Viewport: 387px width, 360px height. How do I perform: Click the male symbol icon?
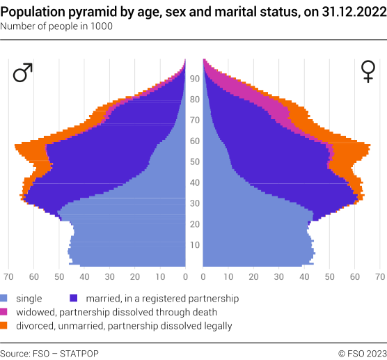coord(23,72)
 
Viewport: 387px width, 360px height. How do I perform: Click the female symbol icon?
coord(367,72)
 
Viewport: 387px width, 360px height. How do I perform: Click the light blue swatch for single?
coord(4,298)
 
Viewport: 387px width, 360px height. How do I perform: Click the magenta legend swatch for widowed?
coord(4,312)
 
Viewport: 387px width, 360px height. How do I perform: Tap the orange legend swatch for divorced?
coord(4,325)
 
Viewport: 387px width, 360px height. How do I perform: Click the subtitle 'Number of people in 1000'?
coord(56,26)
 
